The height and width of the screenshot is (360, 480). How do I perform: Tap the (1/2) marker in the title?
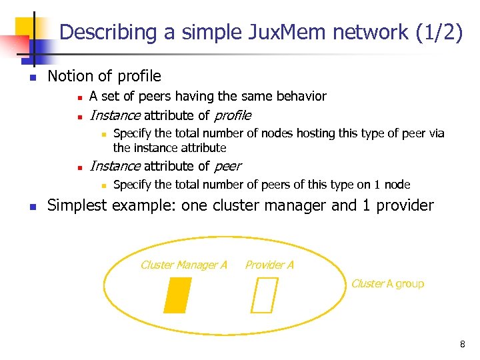coord(439,32)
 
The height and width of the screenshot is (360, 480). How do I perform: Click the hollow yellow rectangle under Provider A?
coord(265,295)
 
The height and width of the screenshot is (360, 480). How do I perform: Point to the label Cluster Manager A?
coord(184,265)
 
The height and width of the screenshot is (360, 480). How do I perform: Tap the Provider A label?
coord(269,265)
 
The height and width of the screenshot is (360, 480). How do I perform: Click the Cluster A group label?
coord(387,283)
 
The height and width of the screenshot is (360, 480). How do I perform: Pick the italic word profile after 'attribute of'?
coord(232,115)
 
